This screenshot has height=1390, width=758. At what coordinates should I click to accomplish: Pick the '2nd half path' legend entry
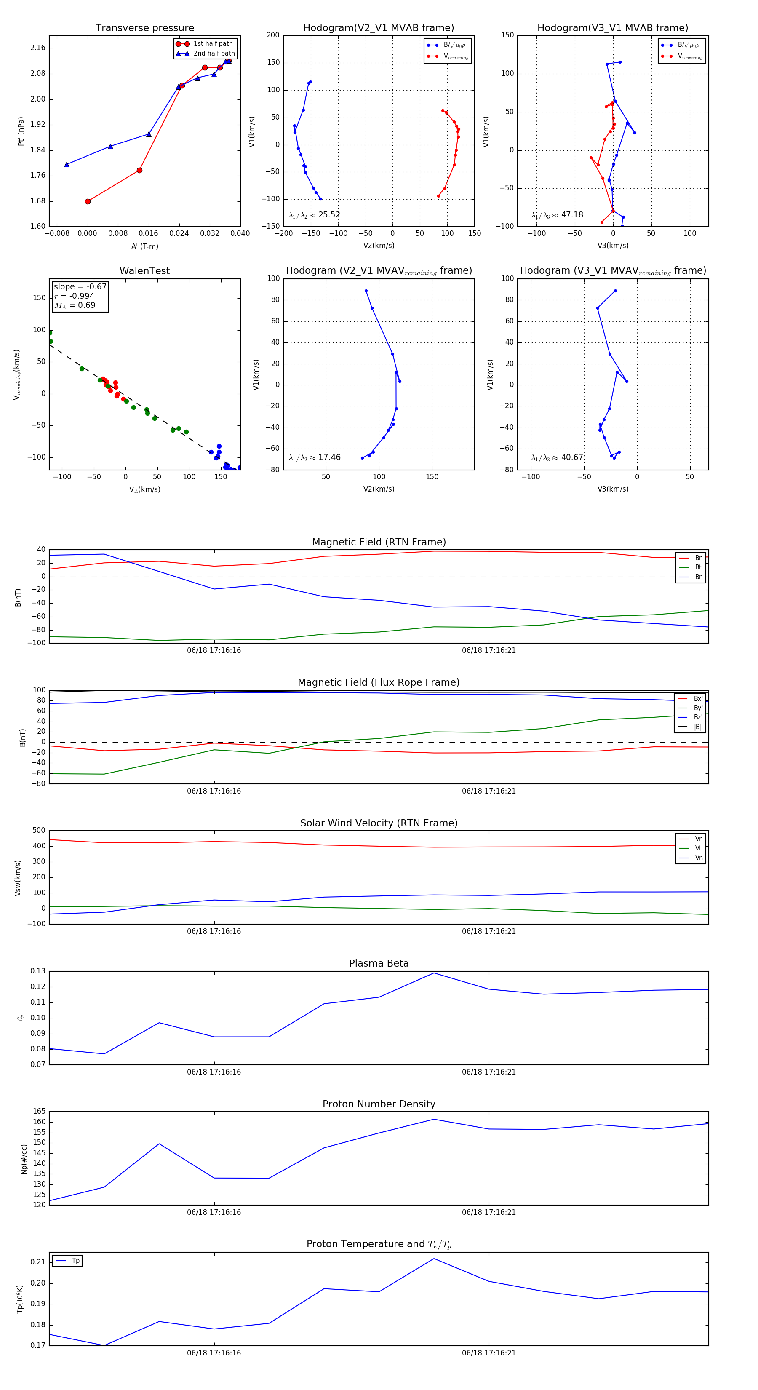pos(214,53)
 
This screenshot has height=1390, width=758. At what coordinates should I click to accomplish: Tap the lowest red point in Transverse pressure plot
pos(88,201)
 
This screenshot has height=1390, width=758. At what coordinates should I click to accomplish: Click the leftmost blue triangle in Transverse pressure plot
pos(67,165)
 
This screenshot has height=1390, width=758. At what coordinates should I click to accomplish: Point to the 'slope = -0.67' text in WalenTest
pos(80,286)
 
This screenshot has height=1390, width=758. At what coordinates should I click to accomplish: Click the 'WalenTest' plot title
pos(144,271)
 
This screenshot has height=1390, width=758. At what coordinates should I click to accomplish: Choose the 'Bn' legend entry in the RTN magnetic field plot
pos(698,577)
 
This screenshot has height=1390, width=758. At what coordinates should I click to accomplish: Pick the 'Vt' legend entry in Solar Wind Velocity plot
pos(698,848)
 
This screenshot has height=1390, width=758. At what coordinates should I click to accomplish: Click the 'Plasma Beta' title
pos(379,963)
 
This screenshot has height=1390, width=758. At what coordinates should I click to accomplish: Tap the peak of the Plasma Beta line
pos(434,973)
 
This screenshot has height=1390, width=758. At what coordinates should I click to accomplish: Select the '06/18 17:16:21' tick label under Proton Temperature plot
pos(489,1353)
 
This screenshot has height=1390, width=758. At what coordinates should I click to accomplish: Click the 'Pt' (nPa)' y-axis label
pos(21,131)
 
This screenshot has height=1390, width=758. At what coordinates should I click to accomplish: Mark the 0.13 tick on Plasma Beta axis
pos(38,971)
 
